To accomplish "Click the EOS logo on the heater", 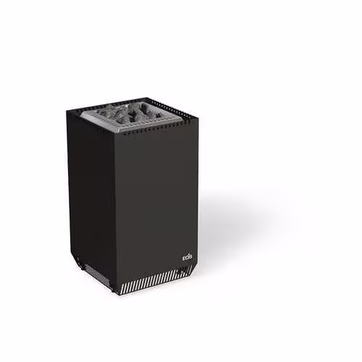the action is [187, 257].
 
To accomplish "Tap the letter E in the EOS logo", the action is [184, 258].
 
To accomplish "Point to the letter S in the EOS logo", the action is [190, 258].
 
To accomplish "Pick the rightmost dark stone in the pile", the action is [151, 113].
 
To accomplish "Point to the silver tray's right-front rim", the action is [151, 125].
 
